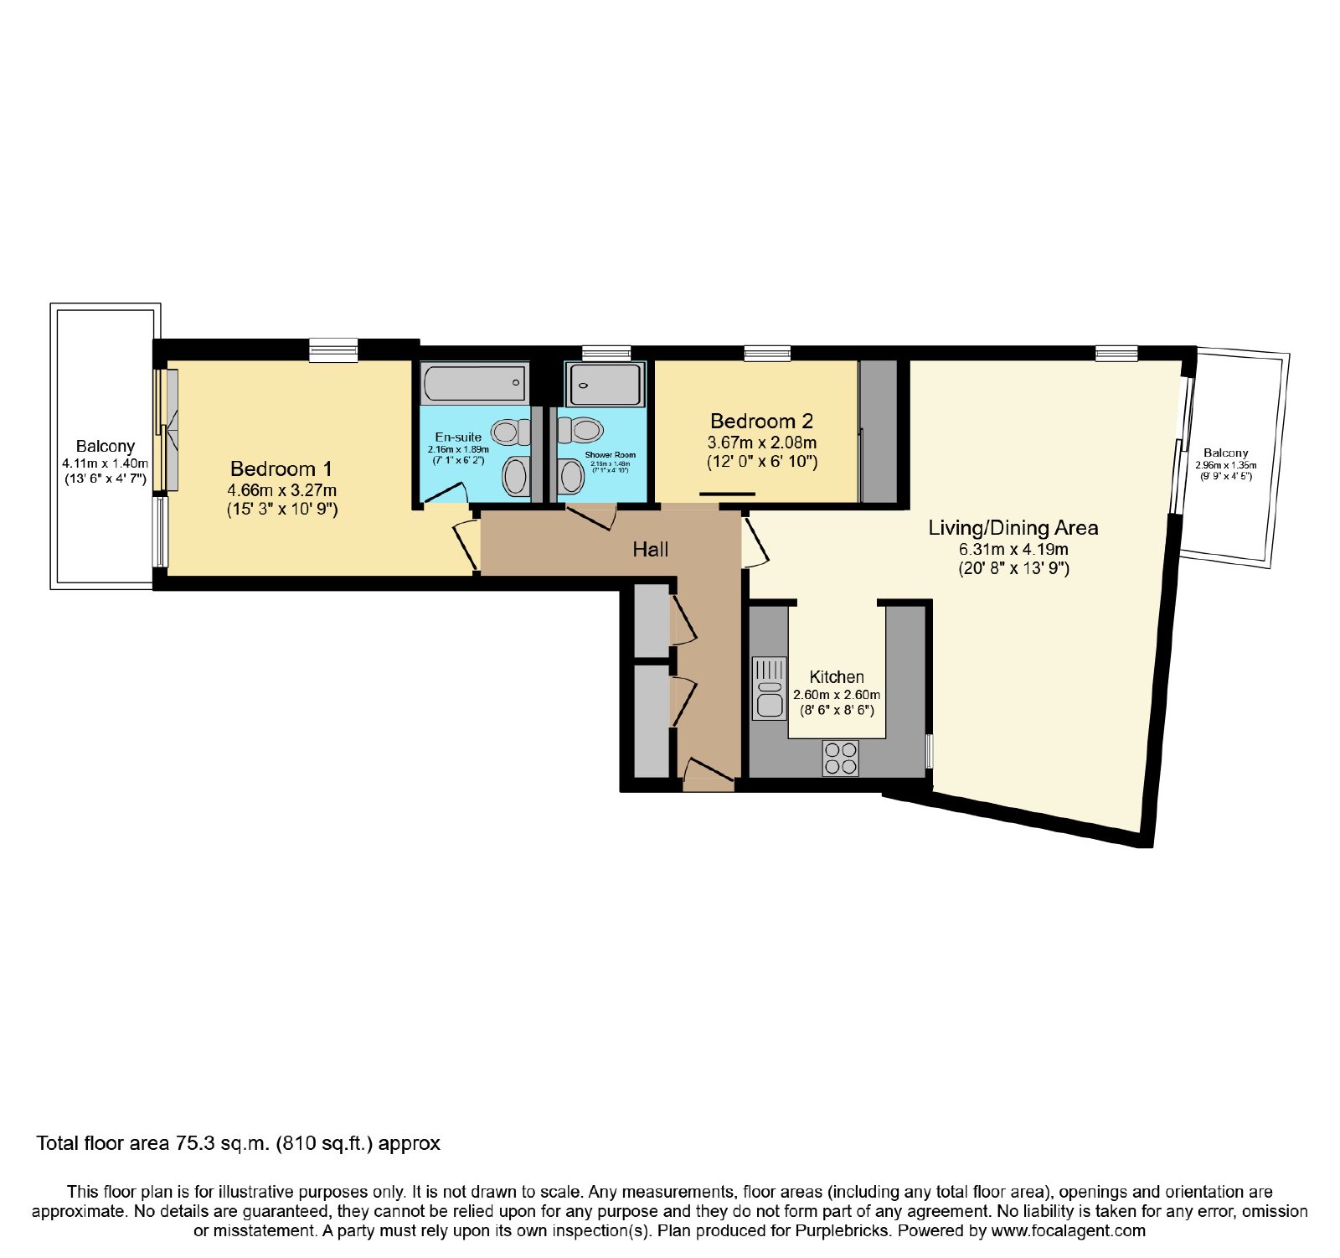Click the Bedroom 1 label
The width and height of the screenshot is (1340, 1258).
pyautogui.click(x=281, y=469)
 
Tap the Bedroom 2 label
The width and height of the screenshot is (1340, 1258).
pyautogui.click(x=761, y=421)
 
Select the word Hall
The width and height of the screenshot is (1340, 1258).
pyautogui.click(x=651, y=549)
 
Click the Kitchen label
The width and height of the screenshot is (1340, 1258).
pyautogui.click(x=837, y=677)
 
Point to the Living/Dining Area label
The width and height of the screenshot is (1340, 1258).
pyautogui.click(x=1013, y=528)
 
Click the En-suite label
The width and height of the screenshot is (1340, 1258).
pyautogui.click(x=458, y=437)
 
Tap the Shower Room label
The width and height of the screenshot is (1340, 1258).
pyautogui.click(x=610, y=455)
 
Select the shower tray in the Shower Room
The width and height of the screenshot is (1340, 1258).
pyautogui.click(x=606, y=384)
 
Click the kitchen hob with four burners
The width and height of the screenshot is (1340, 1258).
pyautogui.click(x=840, y=758)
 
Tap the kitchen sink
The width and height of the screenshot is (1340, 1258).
pyautogui.click(x=769, y=688)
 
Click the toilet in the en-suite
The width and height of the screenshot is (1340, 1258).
pyautogui.click(x=510, y=432)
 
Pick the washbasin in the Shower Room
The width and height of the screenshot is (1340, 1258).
pyautogui.click(x=572, y=477)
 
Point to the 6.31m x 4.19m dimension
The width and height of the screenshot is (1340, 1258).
pyautogui.click(x=1013, y=550)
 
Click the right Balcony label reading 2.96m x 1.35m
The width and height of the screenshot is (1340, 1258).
pyautogui.click(x=1226, y=463)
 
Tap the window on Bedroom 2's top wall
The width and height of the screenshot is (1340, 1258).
pyautogui.click(x=767, y=353)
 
